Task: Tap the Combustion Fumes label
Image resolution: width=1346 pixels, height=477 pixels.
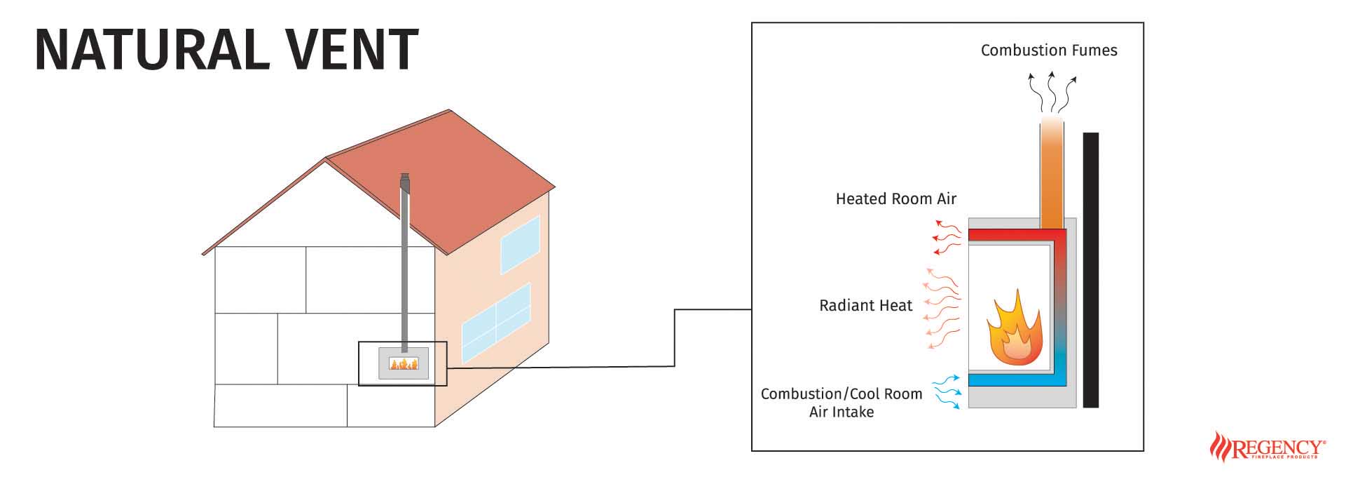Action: [x=1048, y=51]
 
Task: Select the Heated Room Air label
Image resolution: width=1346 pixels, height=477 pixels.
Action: [x=895, y=199]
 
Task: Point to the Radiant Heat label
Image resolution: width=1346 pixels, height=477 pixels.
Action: [x=865, y=306]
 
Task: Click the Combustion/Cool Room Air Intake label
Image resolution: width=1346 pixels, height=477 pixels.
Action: [x=842, y=403]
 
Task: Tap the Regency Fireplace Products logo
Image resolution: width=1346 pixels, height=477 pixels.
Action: [x=1268, y=448]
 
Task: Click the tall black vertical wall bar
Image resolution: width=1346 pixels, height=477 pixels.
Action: [x=1090, y=270]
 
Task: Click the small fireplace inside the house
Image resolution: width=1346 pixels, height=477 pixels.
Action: [x=404, y=363]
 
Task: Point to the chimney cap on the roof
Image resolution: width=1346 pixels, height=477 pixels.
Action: [x=404, y=181]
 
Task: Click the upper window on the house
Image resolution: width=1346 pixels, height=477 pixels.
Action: [x=520, y=245]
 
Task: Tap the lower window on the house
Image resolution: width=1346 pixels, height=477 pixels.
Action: [x=496, y=322]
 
